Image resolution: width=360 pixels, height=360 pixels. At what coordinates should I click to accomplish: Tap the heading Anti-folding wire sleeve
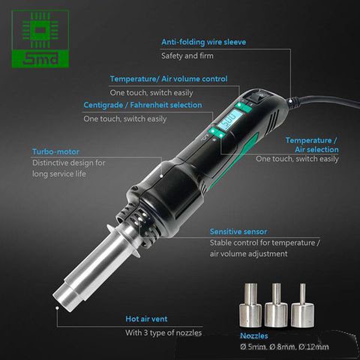203,42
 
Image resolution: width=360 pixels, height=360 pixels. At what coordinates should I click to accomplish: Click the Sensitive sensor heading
238,232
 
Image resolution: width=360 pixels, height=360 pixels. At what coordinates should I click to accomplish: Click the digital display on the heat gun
230,121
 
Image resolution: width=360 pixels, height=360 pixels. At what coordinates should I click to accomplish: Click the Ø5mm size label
253,348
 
